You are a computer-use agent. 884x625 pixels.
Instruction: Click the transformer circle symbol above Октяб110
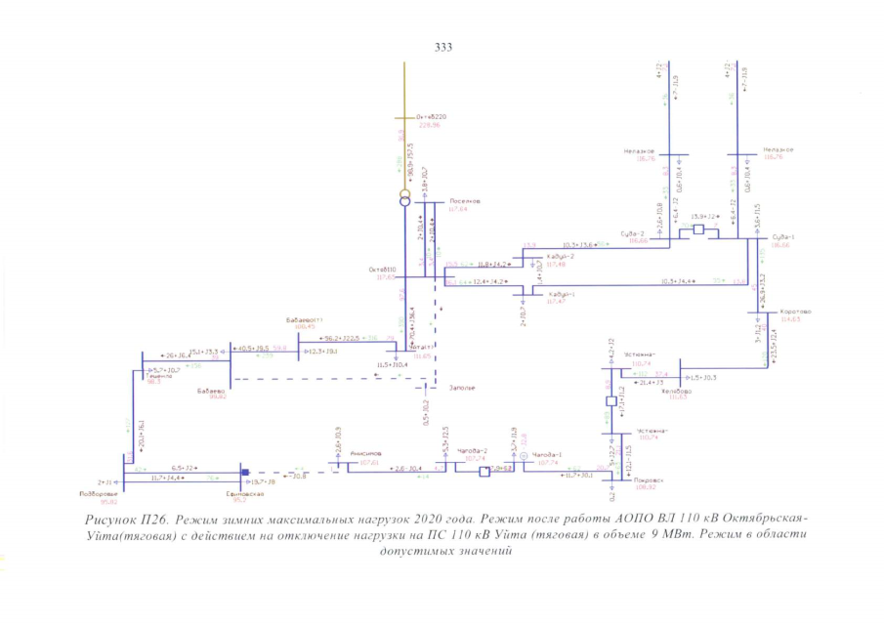pos(405,199)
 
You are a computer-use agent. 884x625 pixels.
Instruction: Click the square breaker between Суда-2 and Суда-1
pos(699,229)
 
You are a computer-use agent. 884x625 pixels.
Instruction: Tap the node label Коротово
pos(796,312)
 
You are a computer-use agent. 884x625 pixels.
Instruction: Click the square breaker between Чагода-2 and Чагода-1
pos(483,473)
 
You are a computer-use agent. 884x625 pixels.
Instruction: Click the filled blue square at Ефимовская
pos(246,473)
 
